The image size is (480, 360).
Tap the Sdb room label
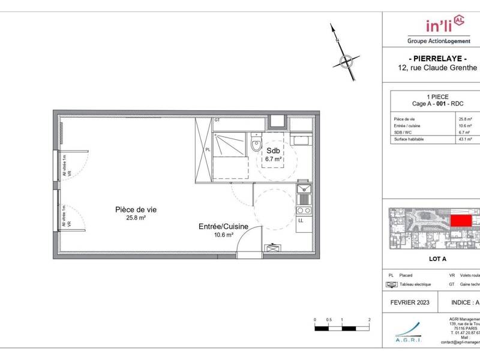273,151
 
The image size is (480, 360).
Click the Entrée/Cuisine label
223,226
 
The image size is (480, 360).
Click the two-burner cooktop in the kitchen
303,211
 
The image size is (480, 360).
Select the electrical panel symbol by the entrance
274,247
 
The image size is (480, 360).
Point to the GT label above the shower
217,121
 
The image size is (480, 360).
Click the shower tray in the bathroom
230,145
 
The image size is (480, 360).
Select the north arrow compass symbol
344,59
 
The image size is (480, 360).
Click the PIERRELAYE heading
438,58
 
